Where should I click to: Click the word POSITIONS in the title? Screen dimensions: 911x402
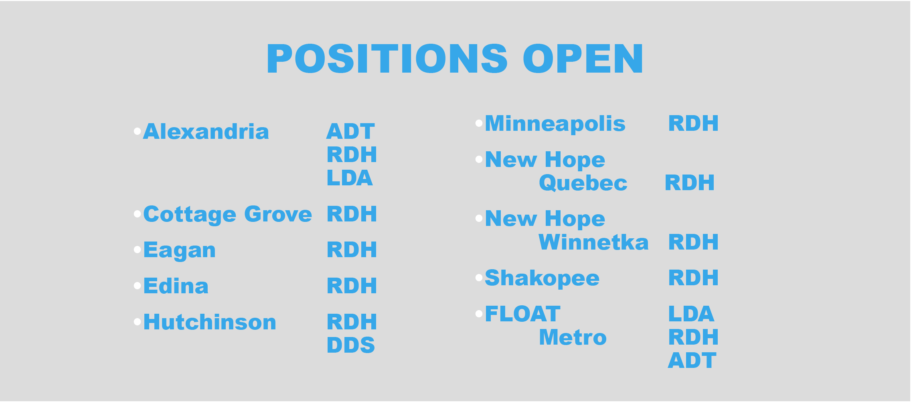pyautogui.click(x=387, y=59)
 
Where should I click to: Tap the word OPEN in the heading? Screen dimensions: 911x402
pyautogui.click(x=583, y=59)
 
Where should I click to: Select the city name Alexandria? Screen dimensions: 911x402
pyautogui.click(x=206, y=132)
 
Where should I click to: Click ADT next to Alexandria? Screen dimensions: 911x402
pyautogui.click(x=351, y=132)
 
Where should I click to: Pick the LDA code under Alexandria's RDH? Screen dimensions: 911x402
pyautogui.click(x=350, y=178)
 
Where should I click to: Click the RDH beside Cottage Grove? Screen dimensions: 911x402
pyautogui.click(x=352, y=214)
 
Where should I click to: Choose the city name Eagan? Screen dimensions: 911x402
pyautogui.click(x=180, y=250)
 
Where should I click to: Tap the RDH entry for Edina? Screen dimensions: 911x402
pyautogui.click(x=352, y=286)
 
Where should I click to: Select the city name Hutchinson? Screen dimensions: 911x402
pyautogui.click(x=210, y=322)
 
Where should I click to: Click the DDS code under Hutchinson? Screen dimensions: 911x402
pyautogui.click(x=351, y=345)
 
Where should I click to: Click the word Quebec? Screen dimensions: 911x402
pyautogui.click(x=583, y=183)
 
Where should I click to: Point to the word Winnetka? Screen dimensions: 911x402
pyautogui.click(x=593, y=242)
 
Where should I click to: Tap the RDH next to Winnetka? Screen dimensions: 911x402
pyautogui.click(x=693, y=242)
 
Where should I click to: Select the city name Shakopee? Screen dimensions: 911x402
pyautogui.click(x=542, y=278)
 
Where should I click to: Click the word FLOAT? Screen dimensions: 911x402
pyautogui.click(x=523, y=314)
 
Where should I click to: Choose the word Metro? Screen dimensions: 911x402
pyautogui.click(x=573, y=337)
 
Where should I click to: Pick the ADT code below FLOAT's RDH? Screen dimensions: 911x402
pyautogui.click(x=692, y=360)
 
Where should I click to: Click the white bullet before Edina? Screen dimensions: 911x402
pyautogui.click(x=138, y=286)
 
